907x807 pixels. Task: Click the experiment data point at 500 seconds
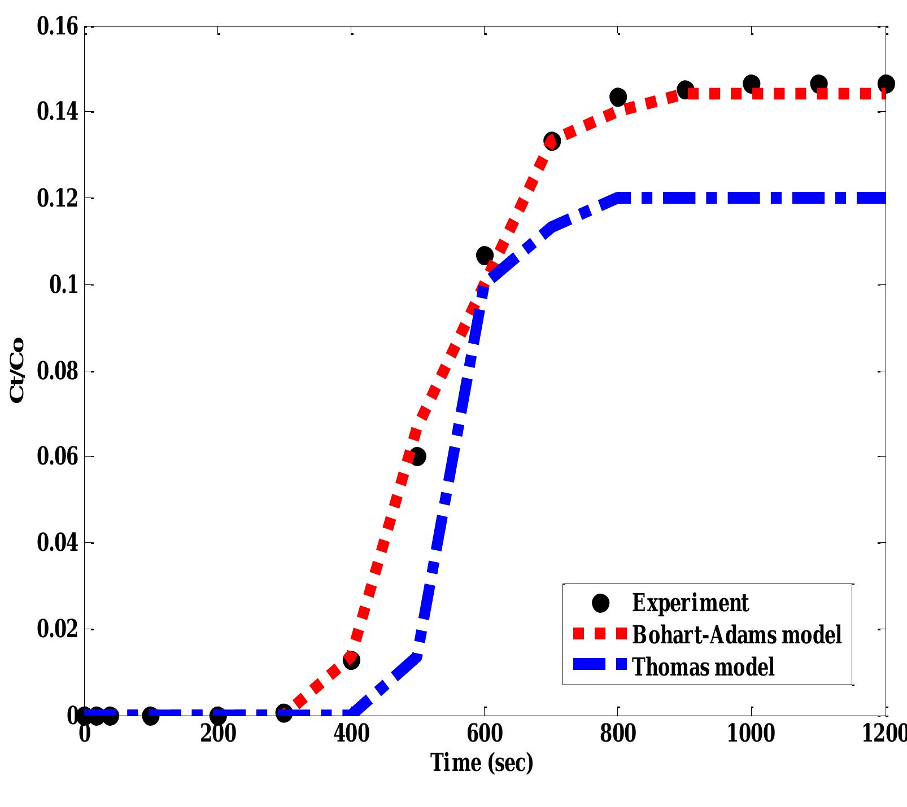[x=417, y=457]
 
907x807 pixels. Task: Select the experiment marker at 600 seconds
[x=485, y=256]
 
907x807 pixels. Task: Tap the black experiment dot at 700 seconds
[x=552, y=141]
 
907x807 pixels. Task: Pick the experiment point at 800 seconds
[x=618, y=97]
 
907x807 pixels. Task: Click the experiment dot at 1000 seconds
[x=751, y=84]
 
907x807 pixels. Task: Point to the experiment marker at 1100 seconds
[x=818, y=84]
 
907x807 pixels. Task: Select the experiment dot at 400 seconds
[x=351, y=660]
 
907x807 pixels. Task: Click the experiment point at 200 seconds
[x=218, y=716]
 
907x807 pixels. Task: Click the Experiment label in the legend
[x=690, y=603]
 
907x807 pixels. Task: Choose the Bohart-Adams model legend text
[x=736, y=634]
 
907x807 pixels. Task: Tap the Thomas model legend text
[x=703, y=666]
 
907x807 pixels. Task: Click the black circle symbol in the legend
[x=601, y=603]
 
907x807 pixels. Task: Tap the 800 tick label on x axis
[x=618, y=734]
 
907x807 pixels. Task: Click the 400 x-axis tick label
[x=351, y=734]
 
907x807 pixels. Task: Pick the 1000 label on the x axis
[x=751, y=734]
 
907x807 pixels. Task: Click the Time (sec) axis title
[x=482, y=763]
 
